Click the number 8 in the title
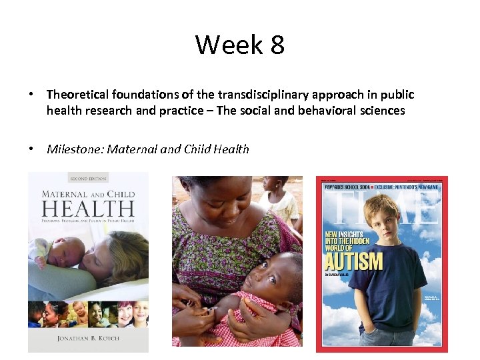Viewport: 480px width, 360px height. tap(277, 45)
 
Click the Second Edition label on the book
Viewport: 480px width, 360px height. tap(89, 179)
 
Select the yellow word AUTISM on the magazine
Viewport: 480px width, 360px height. tap(354, 260)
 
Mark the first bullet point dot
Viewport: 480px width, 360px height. tap(32, 95)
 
